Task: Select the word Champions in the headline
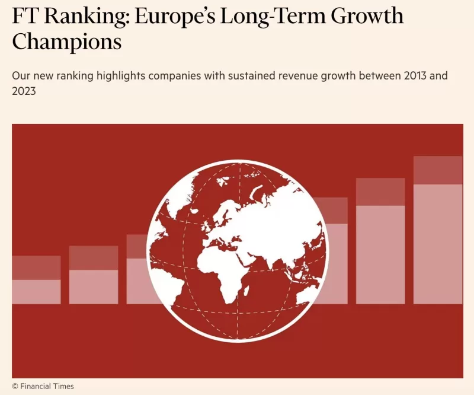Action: (66, 42)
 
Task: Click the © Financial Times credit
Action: (43, 386)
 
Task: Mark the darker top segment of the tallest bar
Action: (437, 170)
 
